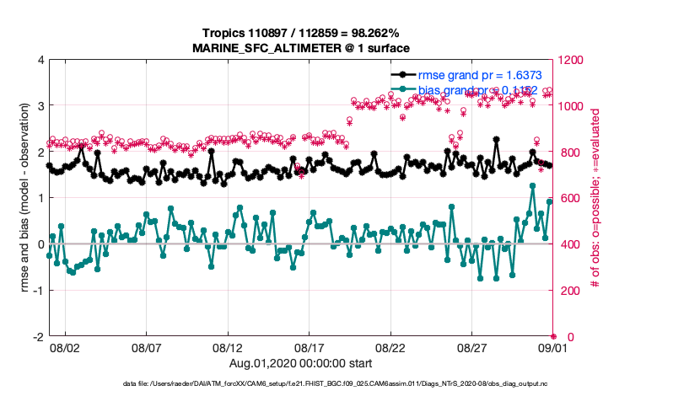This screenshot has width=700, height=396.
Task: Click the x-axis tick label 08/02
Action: pos(65,347)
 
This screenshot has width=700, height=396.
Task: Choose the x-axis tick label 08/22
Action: pos(390,347)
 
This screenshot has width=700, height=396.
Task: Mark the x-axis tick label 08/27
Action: pos(472,347)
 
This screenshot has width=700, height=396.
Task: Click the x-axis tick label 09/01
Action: pos(553,347)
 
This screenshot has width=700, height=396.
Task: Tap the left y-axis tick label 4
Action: pos(40,61)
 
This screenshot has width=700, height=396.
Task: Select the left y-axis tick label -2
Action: pos(37,337)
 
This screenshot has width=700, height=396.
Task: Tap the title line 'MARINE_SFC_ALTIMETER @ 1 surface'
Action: pos(301,48)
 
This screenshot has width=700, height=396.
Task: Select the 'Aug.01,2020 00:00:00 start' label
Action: pos(301,363)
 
